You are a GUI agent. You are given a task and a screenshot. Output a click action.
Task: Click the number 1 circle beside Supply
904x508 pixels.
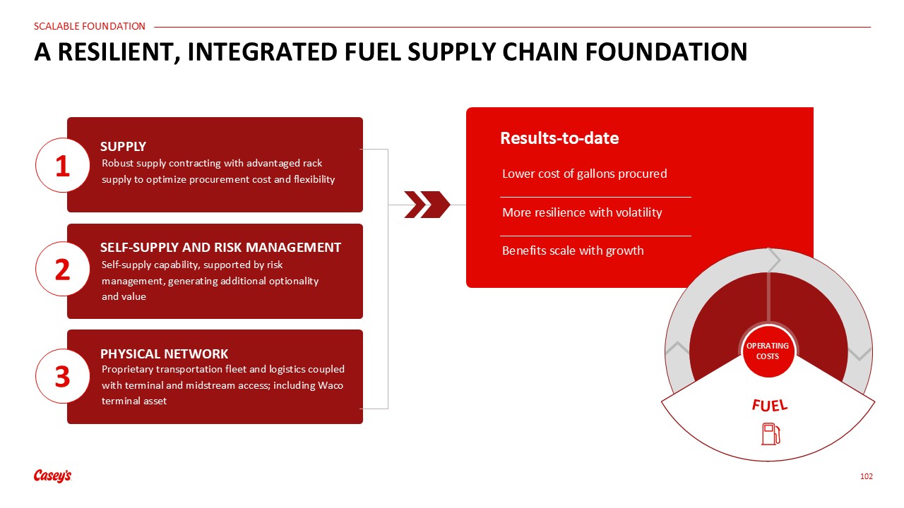tap(63, 165)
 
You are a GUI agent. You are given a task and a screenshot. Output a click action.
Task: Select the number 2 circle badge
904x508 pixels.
tap(63, 270)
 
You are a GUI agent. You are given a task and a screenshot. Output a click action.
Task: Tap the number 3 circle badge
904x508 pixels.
tap(63, 376)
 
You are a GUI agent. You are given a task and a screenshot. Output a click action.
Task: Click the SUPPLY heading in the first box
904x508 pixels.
tap(123, 146)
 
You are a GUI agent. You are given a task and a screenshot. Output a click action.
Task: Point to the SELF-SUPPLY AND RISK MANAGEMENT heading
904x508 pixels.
tap(220, 247)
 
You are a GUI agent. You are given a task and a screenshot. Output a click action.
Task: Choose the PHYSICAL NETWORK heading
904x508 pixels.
tap(164, 353)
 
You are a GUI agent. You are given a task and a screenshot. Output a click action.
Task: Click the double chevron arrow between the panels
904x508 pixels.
tap(427, 205)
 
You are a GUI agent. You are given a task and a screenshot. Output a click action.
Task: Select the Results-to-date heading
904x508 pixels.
tap(559, 138)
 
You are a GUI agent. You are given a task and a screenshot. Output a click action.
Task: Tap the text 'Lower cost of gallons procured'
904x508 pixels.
tap(584, 174)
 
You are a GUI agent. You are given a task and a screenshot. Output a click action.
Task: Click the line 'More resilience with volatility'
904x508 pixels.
tap(582, 212)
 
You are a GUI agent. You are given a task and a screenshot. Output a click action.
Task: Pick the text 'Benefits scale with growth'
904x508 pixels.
tap(573, 250)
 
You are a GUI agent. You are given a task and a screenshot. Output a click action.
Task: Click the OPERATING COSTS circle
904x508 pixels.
tap(768, 351)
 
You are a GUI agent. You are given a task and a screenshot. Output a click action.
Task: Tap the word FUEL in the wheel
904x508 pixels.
tap(770, 405)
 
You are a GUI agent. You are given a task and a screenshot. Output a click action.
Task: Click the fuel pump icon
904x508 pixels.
tap(771, 434)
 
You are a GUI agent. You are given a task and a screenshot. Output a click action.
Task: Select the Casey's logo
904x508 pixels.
tap(52, 476)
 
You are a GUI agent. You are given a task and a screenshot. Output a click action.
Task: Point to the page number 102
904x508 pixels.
tap(866, 476)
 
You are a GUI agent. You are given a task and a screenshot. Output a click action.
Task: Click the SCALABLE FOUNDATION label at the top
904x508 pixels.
tap(90, 26)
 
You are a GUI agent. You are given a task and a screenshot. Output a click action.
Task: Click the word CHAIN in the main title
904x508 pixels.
tap(540, 52)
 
